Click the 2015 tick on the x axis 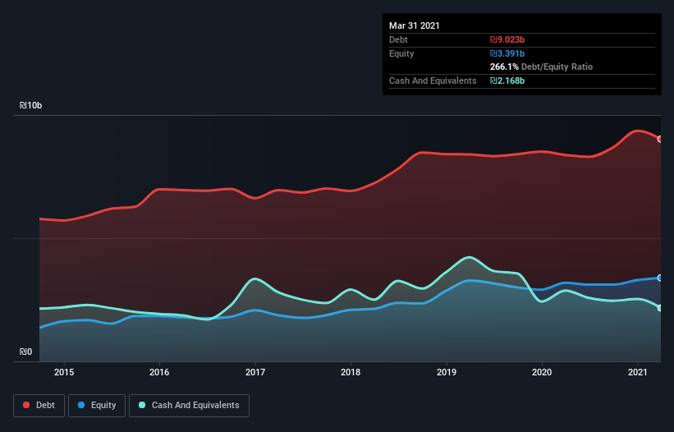64,372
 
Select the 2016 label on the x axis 159,372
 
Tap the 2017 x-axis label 255,372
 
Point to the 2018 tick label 351,372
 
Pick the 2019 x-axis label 447,372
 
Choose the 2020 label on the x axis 542,372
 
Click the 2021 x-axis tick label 638,372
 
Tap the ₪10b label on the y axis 31,106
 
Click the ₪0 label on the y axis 26,352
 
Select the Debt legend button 39,405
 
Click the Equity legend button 97,405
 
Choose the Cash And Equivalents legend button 189,405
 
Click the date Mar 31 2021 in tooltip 415,25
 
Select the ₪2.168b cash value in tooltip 507,80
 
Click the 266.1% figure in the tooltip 504,67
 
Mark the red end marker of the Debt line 660,139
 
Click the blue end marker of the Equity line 660,278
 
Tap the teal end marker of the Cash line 660,308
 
